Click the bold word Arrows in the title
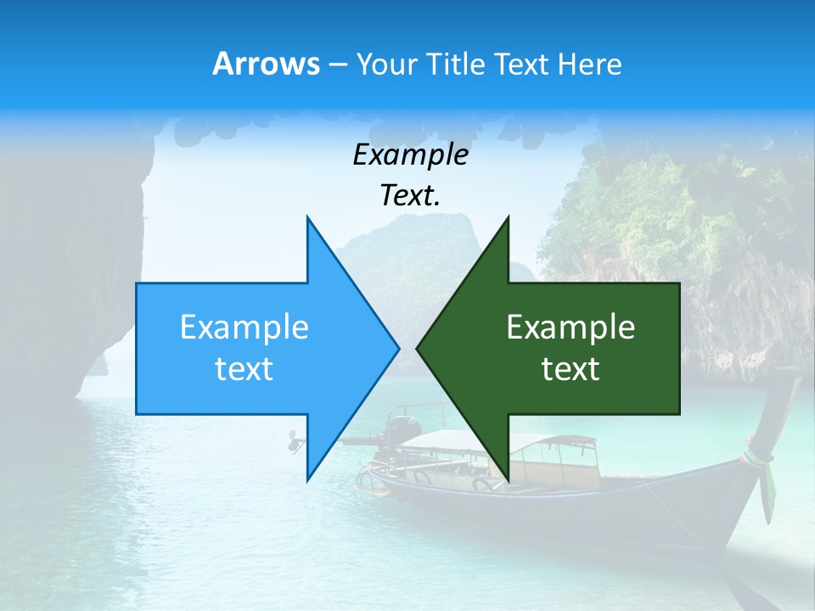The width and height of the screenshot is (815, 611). click(x=266, y=64)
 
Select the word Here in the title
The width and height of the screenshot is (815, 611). click(x=589, y=64)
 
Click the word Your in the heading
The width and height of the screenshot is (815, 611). click(x=386, y=64)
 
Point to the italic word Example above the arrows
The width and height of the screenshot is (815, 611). click(x=410, y=154)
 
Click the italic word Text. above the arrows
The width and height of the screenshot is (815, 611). click(x=410, y=195)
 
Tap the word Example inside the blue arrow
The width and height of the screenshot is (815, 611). click(x=244, y=328)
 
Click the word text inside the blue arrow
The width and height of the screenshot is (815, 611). click(x=244, y=369)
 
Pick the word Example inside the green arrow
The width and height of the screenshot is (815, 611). click(x=570, y=328)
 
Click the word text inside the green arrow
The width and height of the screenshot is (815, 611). click(x=570, y=369)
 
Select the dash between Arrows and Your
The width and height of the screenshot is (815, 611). click(x=336, y=64)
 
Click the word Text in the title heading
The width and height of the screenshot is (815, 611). click(x=523, y=64)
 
